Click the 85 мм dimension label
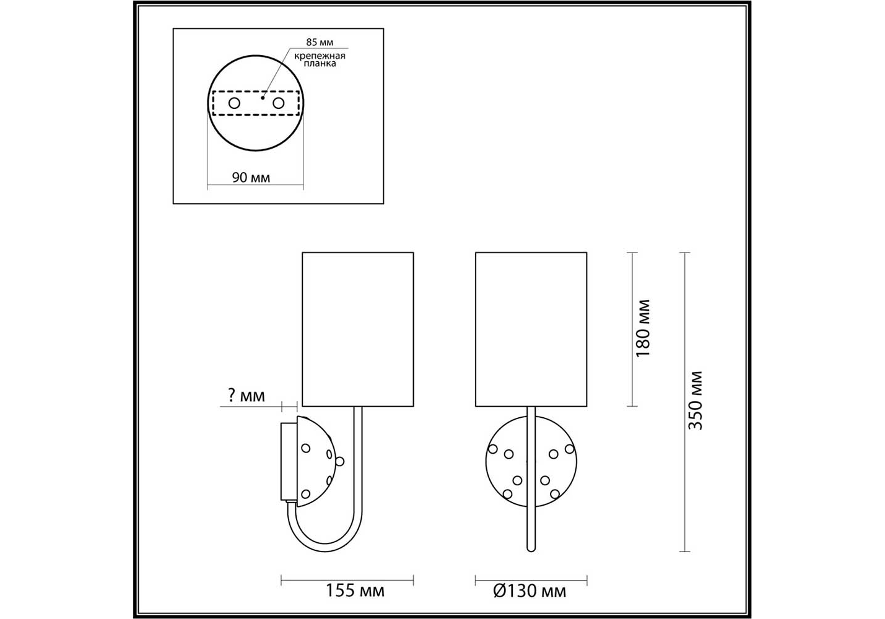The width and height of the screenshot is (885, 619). (x=320, y=42)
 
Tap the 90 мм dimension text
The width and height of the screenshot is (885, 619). (x=251, y=178)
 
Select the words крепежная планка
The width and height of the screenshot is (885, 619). (x=320, y=59)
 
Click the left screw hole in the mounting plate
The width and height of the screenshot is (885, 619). (x=234, y=103)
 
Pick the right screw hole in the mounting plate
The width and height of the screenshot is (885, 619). (x=279, y=103)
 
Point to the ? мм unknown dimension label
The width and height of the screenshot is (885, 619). (x=246, y=395)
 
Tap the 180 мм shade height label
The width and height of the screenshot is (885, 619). (x=643, y=329)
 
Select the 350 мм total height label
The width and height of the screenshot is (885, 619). (x=695, y=400)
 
